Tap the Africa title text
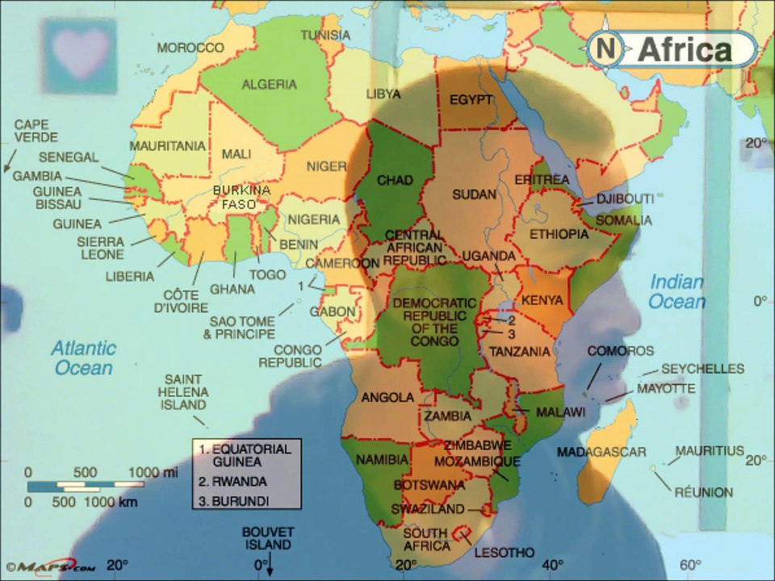coord(685,50)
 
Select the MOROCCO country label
coord(190,48)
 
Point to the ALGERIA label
coord(270,84)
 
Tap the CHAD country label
coord(395,180)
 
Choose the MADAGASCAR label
coord(601,451)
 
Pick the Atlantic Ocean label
coord(83,358)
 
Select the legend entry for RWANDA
coord(237,482)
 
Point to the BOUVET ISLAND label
coord(268,538)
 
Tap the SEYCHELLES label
coord(702,369)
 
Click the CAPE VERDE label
coord(31,132)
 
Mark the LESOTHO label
coord(505,553)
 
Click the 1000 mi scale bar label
coord(153,472)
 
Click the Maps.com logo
coord(50,566)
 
